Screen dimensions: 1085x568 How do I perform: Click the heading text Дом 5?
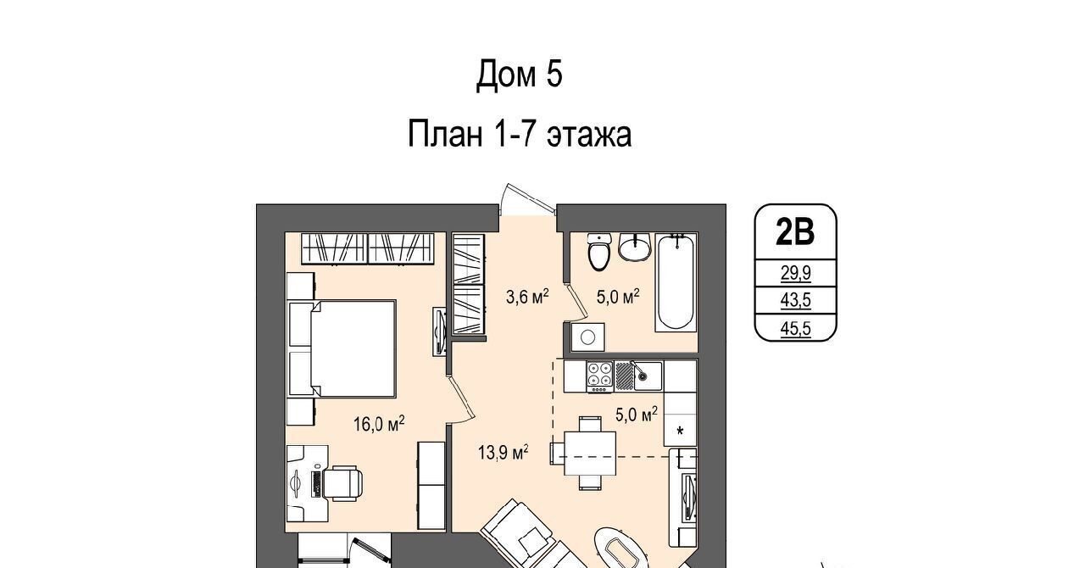point(520,75)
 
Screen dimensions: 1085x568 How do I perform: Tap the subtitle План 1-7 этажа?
point(520,134)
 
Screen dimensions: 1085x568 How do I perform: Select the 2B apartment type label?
point(795,231)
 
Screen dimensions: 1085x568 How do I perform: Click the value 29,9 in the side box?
point(795,273)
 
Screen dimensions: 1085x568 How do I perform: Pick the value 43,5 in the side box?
point(795,300)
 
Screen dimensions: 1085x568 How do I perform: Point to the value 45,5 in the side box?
point(795,329)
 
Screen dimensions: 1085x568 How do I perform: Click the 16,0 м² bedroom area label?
point(379,424)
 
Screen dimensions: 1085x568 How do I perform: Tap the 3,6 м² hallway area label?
point(527,296)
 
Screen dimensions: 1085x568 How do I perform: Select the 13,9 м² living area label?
point(503,453)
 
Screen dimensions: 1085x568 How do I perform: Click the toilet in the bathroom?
point(598,252)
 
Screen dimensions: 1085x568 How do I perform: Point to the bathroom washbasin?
point(635,248)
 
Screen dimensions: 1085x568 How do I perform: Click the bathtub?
point(676,282)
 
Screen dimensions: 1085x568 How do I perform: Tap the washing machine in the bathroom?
point(587,337)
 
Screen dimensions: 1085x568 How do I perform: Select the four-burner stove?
point(599,376)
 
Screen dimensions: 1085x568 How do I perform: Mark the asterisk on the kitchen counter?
point(680,431)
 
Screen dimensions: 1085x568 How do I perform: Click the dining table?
point(590,454)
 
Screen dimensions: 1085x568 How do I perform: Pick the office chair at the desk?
point(343,482)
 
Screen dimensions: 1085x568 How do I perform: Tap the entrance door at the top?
point(527,200)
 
